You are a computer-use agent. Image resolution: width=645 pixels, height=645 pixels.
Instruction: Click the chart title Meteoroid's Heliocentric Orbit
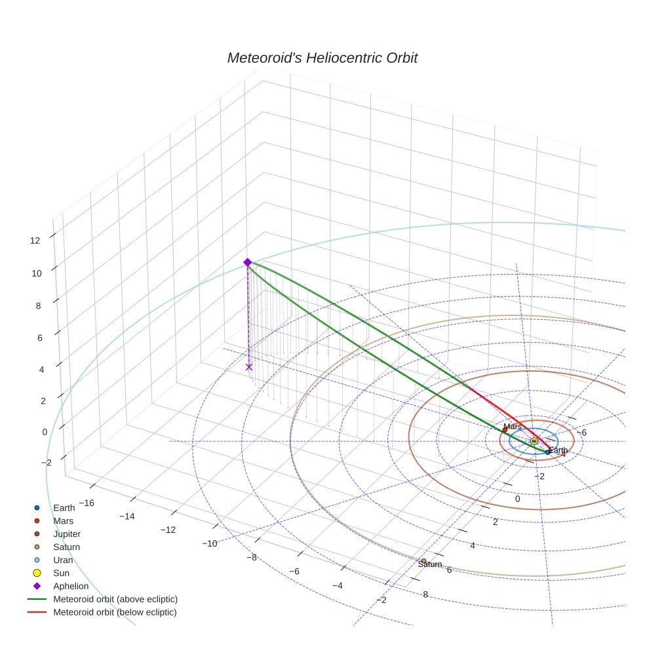point(322,58)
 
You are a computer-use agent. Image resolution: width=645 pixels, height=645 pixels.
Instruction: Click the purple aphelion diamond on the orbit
point(247,262)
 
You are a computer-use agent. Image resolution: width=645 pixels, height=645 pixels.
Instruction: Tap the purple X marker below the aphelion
point(248,367)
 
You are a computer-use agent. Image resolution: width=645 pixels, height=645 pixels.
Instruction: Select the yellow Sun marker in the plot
point(534,441)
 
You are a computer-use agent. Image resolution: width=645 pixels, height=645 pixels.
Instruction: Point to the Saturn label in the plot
point(430,564)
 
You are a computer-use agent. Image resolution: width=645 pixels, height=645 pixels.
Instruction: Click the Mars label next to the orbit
point(513,427)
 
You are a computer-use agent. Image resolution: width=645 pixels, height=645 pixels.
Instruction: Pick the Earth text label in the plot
point(558,450)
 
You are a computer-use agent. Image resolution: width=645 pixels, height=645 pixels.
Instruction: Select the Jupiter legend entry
point(67,534)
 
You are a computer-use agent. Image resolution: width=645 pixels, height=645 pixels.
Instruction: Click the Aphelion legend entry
point(71,586)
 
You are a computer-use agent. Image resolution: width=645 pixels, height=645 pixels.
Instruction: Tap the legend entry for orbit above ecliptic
point(115,599)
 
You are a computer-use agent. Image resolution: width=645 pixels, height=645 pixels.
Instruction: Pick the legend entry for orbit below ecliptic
point(115,612)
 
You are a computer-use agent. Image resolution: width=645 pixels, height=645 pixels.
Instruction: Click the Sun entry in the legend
point(61,573)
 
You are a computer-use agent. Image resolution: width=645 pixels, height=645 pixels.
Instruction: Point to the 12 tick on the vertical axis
point(35,241)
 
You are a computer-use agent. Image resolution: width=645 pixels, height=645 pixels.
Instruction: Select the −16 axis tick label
point(86,503)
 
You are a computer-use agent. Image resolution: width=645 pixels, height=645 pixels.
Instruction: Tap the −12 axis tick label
point(168,530)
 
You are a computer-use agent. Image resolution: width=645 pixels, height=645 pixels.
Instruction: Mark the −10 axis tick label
point(209,543)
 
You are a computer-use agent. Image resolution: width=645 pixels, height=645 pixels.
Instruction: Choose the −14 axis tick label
point(127,517)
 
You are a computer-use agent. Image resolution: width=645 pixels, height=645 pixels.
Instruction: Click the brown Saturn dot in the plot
point(423,561)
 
